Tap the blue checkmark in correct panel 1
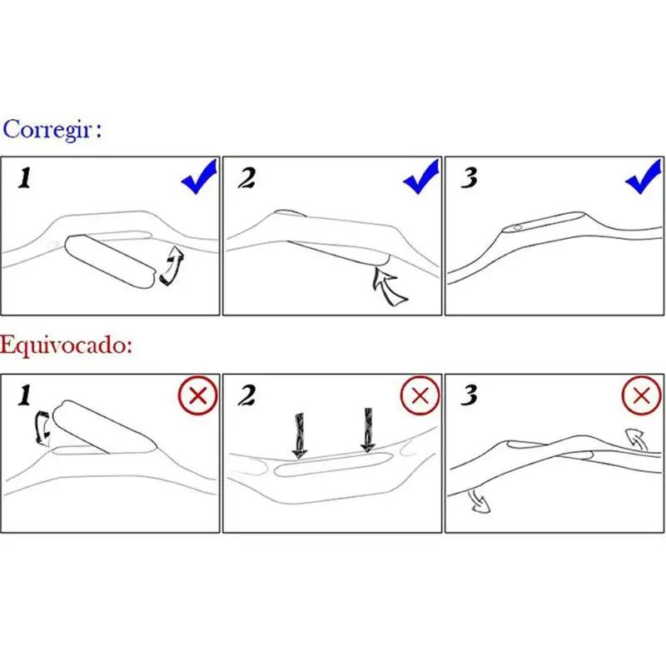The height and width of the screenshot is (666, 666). click(199, 176)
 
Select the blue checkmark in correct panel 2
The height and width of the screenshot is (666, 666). click(421, 176)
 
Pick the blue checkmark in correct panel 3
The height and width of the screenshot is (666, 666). click(643, 176)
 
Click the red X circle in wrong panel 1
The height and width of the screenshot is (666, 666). click(198, 395)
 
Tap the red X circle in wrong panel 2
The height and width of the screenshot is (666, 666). click(420, 395)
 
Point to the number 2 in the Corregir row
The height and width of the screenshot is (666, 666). click(248, 178)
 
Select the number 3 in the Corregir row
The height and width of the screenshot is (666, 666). click(470, 178)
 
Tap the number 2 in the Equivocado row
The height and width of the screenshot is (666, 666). click(247, 397)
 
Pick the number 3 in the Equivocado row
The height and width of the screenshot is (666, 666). click(470, 397)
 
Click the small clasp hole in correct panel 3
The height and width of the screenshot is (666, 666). click(518, 227)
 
